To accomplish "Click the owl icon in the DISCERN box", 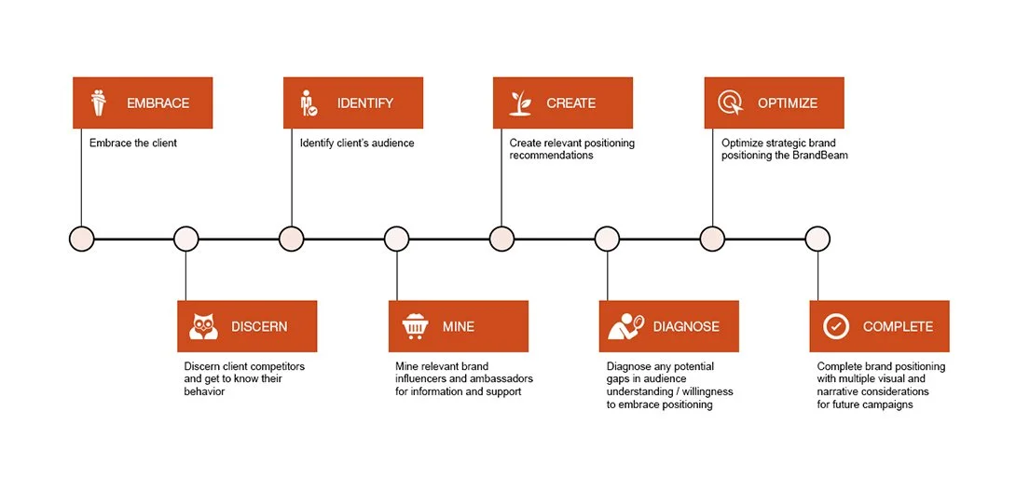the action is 203,326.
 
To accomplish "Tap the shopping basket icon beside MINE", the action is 414,326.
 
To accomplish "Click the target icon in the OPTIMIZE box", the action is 731,103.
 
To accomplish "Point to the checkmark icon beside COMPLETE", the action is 836,326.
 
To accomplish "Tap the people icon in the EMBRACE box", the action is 99,103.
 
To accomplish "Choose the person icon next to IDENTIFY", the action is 309,103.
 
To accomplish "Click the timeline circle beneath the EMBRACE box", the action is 82,240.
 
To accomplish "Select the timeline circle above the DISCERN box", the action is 186,240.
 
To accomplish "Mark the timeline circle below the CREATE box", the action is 501,240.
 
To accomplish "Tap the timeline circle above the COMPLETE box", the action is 817,240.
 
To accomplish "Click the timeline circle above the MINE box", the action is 397,240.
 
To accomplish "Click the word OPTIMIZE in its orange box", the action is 788,103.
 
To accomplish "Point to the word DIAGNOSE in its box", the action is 686,327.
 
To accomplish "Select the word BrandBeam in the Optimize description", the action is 820,156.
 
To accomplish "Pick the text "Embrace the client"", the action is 133,144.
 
